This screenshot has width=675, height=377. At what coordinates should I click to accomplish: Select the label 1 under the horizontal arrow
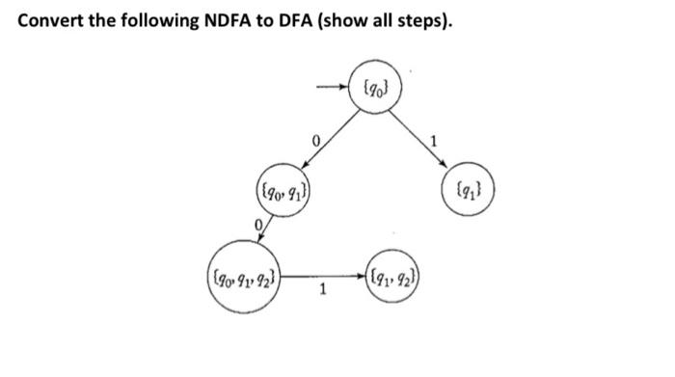click(x=322, y=298)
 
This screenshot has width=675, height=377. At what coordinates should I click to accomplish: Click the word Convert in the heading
click(x=50, y=21)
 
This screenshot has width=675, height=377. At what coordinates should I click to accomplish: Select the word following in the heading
click(x=166, y=21)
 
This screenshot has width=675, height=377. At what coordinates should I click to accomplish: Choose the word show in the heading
click(x=373, y=21)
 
